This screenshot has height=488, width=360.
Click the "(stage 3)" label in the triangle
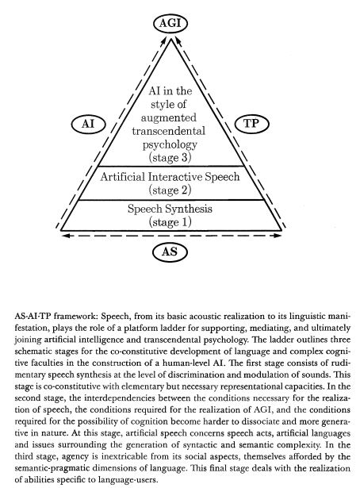coord(170,158)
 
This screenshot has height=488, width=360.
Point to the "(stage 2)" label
coord(170,190)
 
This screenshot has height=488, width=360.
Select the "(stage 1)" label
coord(170,222)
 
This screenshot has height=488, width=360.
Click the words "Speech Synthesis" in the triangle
coord(170,209)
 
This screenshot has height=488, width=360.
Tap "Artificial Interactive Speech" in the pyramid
coord(170,177)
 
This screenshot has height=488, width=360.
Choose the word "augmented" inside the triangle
coord(169,118)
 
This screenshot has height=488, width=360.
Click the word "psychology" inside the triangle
coord(170,144)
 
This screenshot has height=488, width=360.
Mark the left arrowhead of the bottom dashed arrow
coord(65,236)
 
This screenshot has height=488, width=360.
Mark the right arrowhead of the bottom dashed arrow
coord(278,236)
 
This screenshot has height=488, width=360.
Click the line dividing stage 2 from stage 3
coord(170,166)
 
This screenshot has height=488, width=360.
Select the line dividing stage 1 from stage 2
coord(170,200)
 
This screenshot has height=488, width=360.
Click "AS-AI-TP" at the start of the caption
coord(33,317)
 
